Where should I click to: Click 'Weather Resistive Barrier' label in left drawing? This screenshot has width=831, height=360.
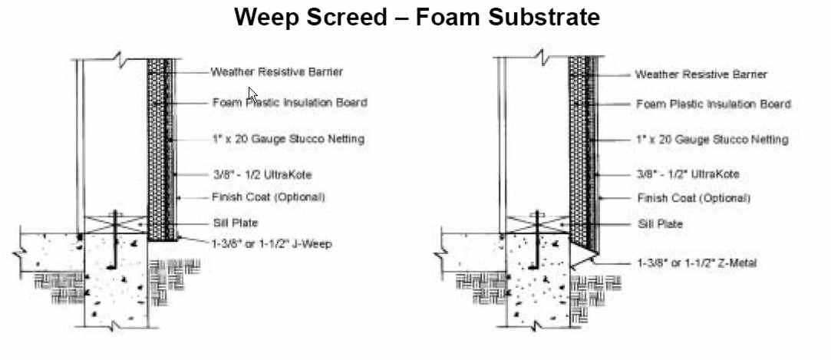click(x=276, y=72)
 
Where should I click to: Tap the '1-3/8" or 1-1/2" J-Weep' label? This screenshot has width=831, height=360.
click(x=275, y=243)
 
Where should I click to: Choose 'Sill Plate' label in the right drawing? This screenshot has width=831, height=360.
click(x=660, y=224)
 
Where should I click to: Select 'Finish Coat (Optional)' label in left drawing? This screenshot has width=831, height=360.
click(x=269, y=197)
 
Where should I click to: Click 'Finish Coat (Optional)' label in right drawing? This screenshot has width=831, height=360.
click(x=694, y=198)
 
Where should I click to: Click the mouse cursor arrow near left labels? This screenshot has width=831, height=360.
click(x=252, y=94)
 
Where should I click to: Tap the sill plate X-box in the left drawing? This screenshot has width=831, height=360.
click(x=115, y=225)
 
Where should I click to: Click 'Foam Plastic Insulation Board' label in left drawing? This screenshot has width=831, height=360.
click(x=289, y=102)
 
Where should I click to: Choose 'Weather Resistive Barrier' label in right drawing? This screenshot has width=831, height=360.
click(x=701, y=74)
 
